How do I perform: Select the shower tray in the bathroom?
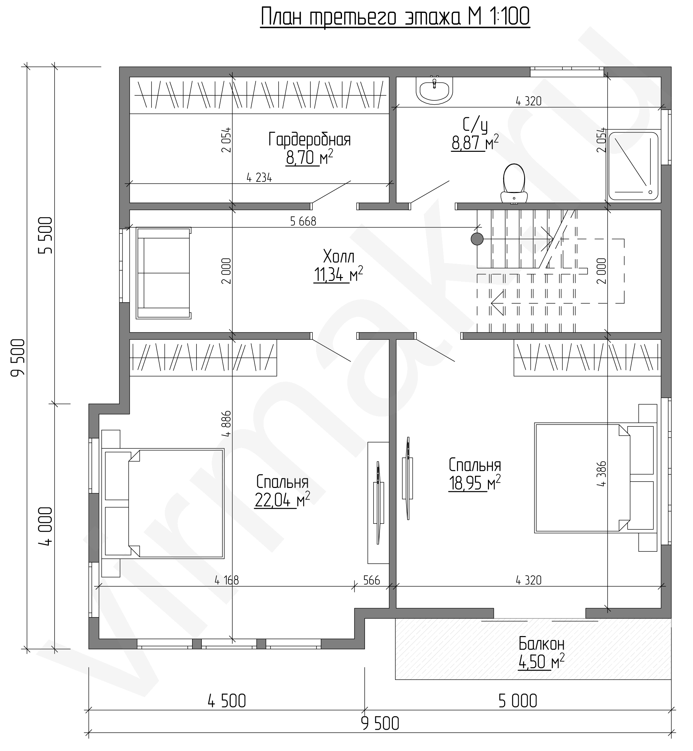[634, 166]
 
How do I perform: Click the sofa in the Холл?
[164, 273]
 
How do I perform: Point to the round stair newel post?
[477, 239]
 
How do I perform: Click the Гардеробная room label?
[309, 140]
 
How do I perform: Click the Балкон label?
[541, 644]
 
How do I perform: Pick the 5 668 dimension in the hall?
[303, 222]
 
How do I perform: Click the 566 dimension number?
[372, 580]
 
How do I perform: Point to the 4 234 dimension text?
[259, 178]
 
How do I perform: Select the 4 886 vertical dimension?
[226, 424]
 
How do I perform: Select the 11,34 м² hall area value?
[338, 275]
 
